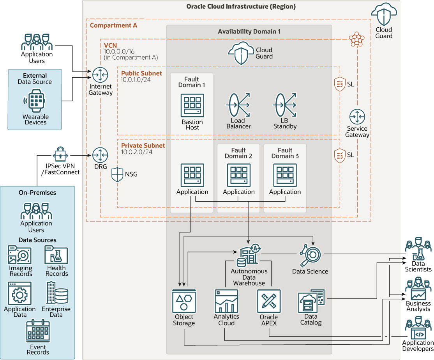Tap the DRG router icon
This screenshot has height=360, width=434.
click(x=101, y=155)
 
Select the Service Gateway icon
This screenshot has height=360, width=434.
click(x=357, y=117)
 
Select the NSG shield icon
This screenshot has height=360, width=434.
click(x=118, y=174)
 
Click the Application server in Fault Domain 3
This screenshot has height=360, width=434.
click(x=285, y=175)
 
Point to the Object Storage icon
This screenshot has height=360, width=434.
click(x=184, y=301)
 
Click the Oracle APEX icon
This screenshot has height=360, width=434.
click(x=269, y=301)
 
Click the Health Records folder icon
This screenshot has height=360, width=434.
click(x=56, y=255)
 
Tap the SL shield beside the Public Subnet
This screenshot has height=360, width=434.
click(x=340, y=84)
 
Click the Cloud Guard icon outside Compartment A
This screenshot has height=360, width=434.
click(x=384, y=16)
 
